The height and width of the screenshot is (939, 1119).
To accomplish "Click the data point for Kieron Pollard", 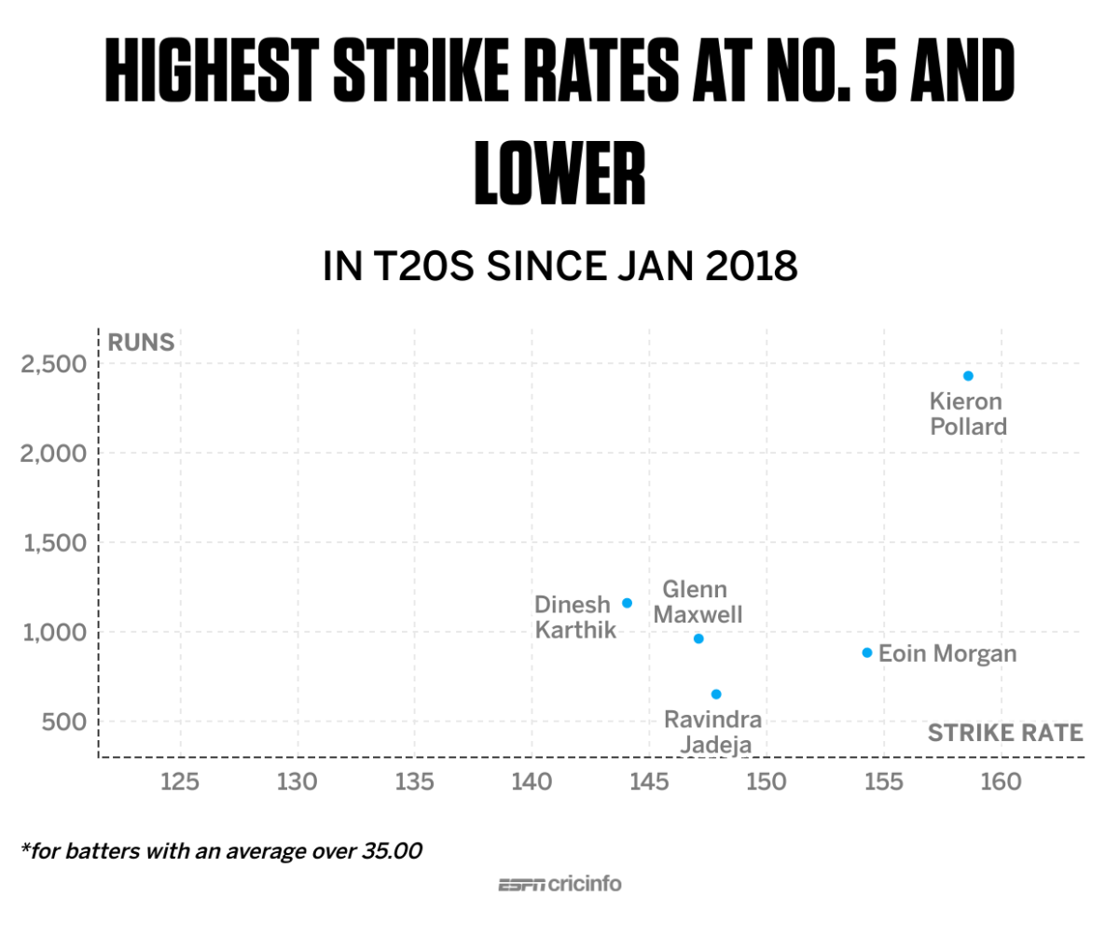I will [968, 376].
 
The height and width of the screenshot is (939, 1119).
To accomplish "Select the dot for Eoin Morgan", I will [867, 652].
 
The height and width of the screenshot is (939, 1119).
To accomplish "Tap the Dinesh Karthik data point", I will [627, 603].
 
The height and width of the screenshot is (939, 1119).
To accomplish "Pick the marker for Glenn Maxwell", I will [698, 638].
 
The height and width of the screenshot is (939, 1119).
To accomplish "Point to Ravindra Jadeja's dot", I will [716, 694].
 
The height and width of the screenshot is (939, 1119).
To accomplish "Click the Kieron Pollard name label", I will [968, 414].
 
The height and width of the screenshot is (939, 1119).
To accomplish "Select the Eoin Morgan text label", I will [947, 653].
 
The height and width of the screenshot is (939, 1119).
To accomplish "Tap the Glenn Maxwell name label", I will [696, 602].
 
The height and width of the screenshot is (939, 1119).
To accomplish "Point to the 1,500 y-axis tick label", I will [52, 543].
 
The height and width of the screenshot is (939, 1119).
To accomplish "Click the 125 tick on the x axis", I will [179, 781].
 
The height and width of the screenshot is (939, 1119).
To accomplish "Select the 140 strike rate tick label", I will [532, 781].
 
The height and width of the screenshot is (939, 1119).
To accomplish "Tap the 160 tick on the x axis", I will [1002, 781].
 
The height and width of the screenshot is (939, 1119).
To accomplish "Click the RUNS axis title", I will [141, 342].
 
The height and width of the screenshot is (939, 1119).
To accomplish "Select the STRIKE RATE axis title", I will [1004, 733].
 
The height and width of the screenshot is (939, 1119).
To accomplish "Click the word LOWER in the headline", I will [559, 175].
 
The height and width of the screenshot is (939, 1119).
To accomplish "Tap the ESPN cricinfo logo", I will [559, 884].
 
